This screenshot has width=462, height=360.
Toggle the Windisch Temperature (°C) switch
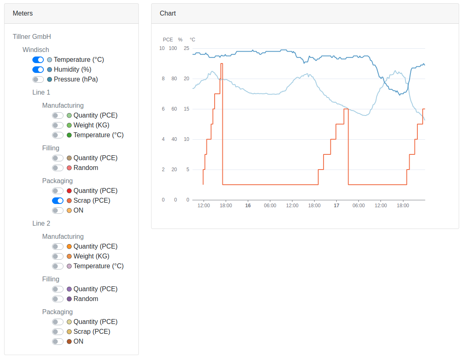pyautogui.click(x=38, y=60)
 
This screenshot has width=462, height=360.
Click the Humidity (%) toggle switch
pyautogui.click(x=38, y=70)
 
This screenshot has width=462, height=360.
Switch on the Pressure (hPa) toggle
pyautogui.click(x=38, y=79)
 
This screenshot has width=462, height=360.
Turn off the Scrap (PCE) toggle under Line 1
pyautogui.click(x=58, y=201)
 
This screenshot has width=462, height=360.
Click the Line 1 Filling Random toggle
pyautogui.click(x=58, y=168)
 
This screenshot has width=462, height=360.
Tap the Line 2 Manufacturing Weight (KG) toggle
pyautogui.click(x=58, y=256)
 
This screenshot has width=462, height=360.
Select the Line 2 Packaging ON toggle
pyautogui.click(x=58, y=342)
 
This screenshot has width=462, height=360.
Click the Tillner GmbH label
pyautogui.click(x=32, y=37)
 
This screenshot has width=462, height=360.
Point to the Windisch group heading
pyautogui.click(x=36, y=50)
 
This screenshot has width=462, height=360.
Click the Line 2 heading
pyautogui.click(x=41, y=224)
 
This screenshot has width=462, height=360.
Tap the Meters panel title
pyautogui.click(x=23, y=14)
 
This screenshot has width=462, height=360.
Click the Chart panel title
pyautogui.click(x=168, y=14)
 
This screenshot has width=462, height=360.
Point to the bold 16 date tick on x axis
pyautogui.click(x=248, y=206)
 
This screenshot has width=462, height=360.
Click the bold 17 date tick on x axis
pyautogui.click(x=336, y=206)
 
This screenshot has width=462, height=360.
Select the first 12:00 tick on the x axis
pyautogui.click(x=204, y=206)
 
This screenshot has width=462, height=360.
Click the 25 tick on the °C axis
pyautogui.click(x=187, y=48)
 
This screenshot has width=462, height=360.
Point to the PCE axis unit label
pyautogui.click(x=168, y=40)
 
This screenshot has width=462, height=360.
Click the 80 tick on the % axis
pyautogui.click(x=174, y=79)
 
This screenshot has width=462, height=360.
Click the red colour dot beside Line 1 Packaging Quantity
pyautogui.click(x=69, y=191)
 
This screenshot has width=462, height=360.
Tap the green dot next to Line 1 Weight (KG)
pyautogui.click(x=69, y=125)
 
